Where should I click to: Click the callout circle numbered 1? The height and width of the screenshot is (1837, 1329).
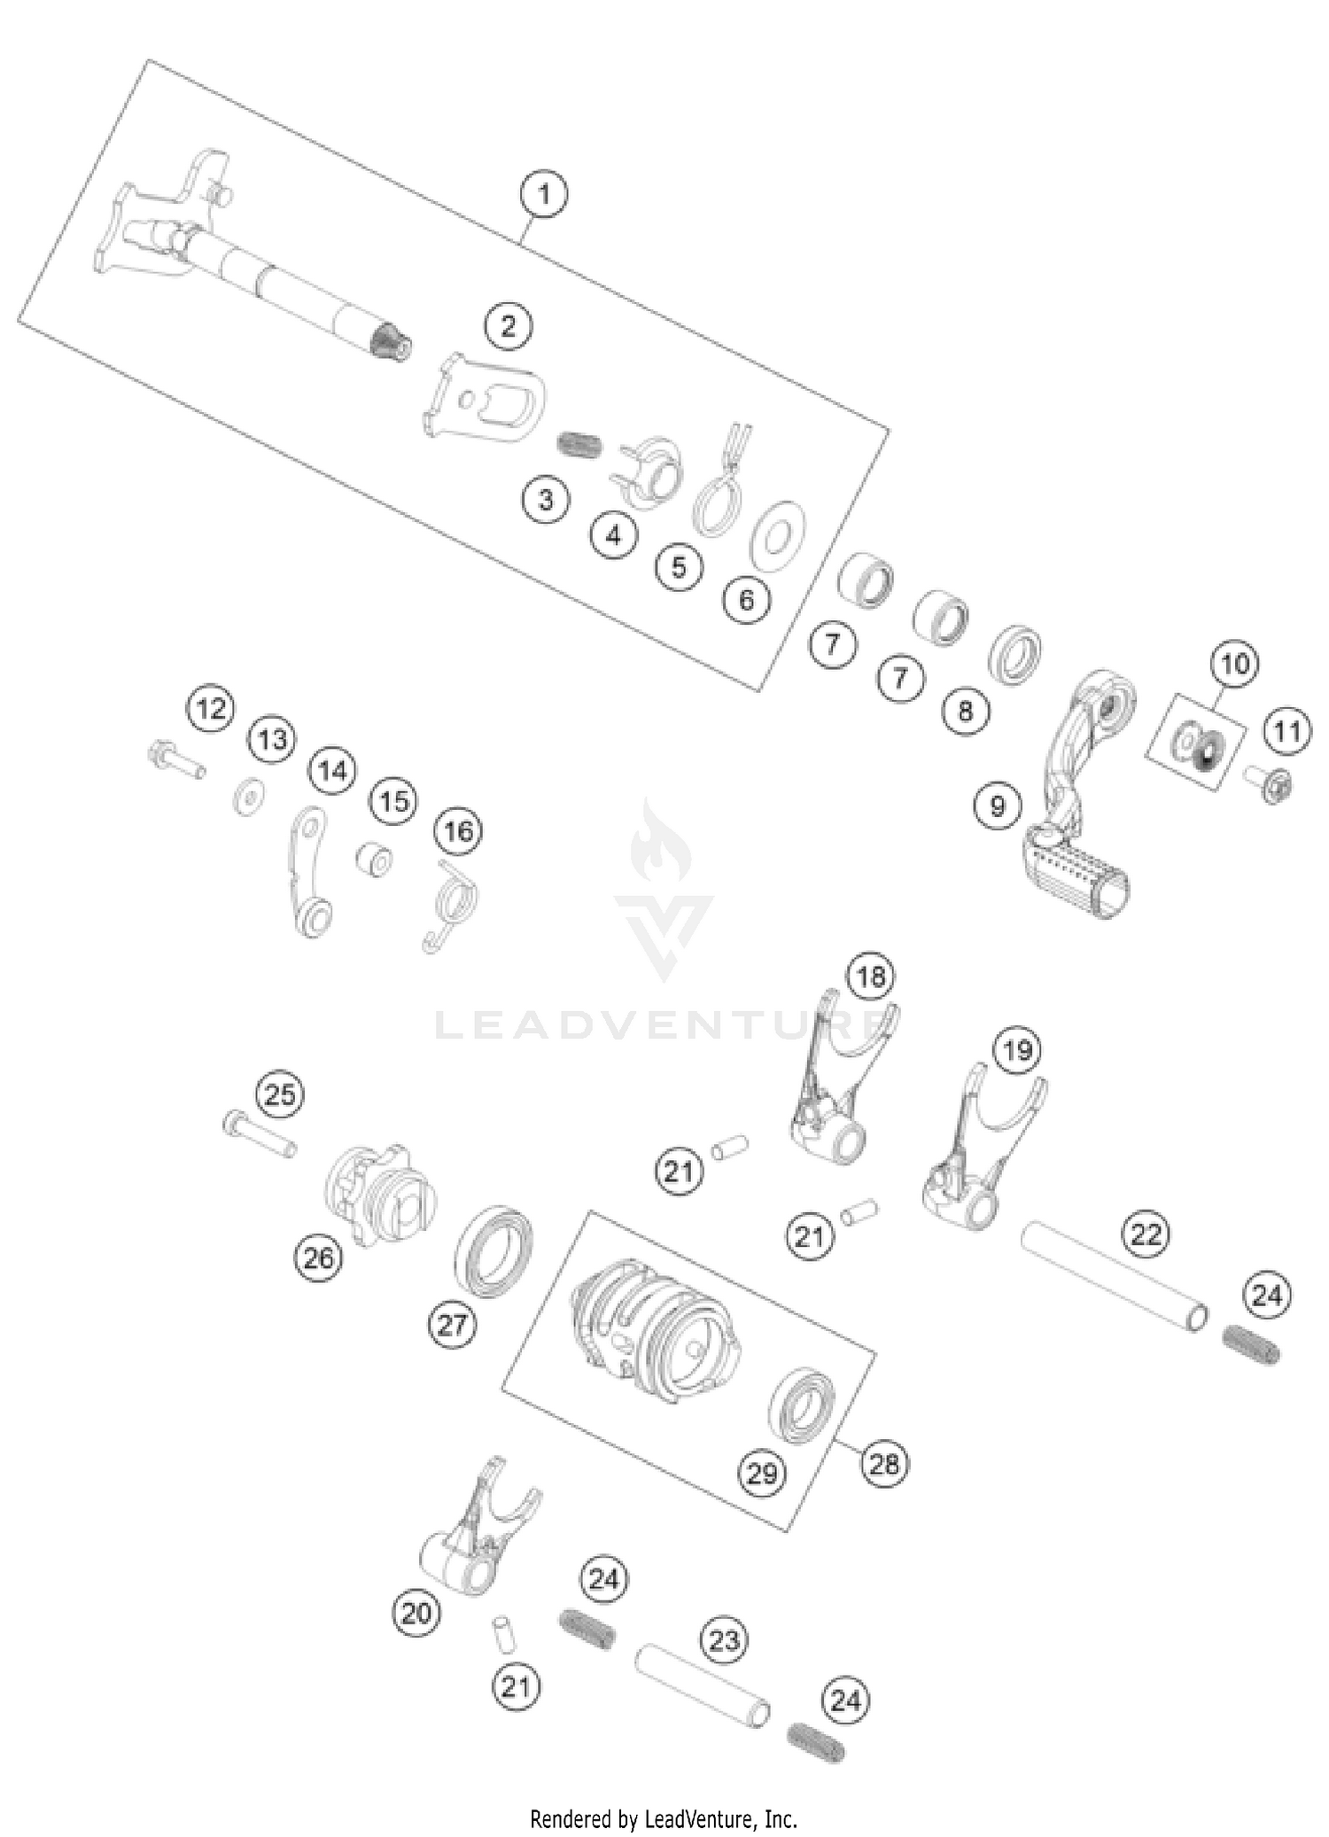pos(544,193)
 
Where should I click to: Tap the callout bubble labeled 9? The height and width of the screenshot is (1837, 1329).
pos(998,806)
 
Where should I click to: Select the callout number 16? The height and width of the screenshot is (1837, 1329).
pos(458,830)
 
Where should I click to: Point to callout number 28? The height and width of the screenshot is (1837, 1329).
pos(884,1463)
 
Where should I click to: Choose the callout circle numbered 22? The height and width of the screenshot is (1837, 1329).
pos(1146,1234)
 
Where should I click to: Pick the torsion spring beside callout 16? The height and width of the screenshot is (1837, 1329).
pos(452,902)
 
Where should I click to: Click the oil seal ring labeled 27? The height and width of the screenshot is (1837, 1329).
pos(494,1250)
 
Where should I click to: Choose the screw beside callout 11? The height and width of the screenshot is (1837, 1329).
pos(1270,783)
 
